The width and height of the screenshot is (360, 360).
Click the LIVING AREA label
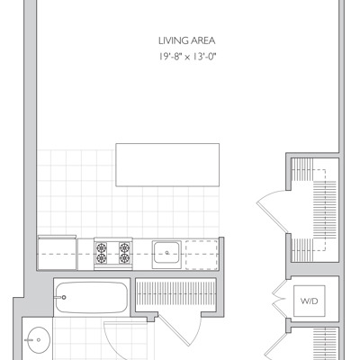click(186, 40)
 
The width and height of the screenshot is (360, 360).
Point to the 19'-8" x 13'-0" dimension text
click(187, 57)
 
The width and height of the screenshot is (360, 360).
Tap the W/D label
click(310, 301)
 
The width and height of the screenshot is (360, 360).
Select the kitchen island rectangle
click(167, 165)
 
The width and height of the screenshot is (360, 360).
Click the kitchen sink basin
click(166, 253)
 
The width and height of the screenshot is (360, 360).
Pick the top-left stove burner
click(102, 247)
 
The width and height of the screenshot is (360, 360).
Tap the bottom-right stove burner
click(124, 258)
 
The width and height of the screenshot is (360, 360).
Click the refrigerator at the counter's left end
click(57, 253)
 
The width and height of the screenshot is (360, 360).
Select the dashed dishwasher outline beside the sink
click(202, 255)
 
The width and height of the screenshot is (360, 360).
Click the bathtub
click(92, 297)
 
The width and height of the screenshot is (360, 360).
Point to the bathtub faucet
click(60, 298)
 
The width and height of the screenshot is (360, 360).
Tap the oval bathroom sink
click(38, 340)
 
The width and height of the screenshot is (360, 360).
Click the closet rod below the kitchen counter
click(175, 294)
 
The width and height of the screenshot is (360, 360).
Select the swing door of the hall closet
click(180, 330)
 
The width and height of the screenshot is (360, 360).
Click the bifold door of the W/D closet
click(280, 299)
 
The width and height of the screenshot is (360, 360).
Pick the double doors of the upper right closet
click(272, 211)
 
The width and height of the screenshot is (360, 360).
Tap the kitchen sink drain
click(167, 253)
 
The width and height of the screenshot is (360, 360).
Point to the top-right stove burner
click(124, 247)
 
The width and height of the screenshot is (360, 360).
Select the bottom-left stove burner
click(102, 258)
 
